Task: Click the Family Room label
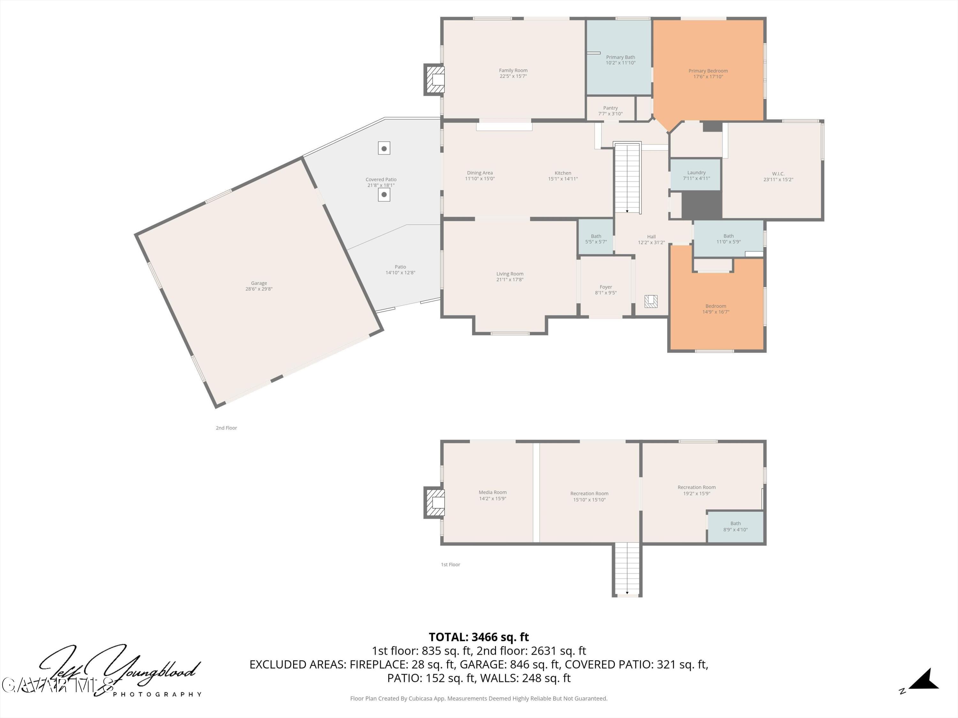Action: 513,71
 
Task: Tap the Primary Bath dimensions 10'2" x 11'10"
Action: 620,63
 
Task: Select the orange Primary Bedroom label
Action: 708,71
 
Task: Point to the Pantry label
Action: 610,108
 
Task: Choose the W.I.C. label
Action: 778,174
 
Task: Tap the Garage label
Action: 259,283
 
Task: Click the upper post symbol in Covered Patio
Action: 384,148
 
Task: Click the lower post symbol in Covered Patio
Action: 384,195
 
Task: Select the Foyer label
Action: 605,287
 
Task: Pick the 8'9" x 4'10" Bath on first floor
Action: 735,526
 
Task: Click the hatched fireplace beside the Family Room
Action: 435,79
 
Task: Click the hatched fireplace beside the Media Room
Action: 435,503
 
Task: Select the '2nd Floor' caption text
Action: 226,428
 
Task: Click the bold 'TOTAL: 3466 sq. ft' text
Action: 479,637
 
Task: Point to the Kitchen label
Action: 563,173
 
